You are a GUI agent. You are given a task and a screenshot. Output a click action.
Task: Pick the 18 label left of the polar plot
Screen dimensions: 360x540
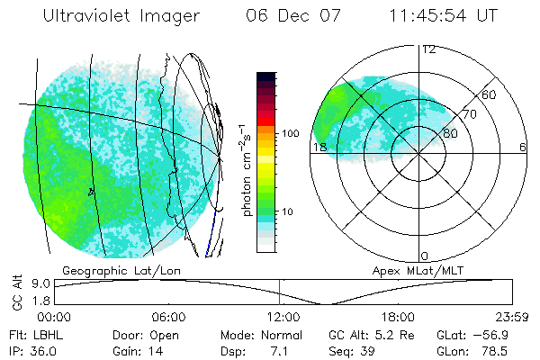click(319, 148)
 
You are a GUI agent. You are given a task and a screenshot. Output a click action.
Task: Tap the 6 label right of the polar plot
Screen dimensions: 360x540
click(523, 148)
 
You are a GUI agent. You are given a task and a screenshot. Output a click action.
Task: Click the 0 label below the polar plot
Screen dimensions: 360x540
click(425, 256)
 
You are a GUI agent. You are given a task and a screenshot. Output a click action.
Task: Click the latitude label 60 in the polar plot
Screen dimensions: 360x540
click(490, 94)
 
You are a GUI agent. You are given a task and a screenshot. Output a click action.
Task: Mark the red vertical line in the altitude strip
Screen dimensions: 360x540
click(280, 292)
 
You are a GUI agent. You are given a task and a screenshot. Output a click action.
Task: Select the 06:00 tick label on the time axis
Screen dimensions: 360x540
click(168, 318)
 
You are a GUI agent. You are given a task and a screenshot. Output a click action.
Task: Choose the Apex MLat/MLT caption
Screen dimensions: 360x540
click(413, 270)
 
